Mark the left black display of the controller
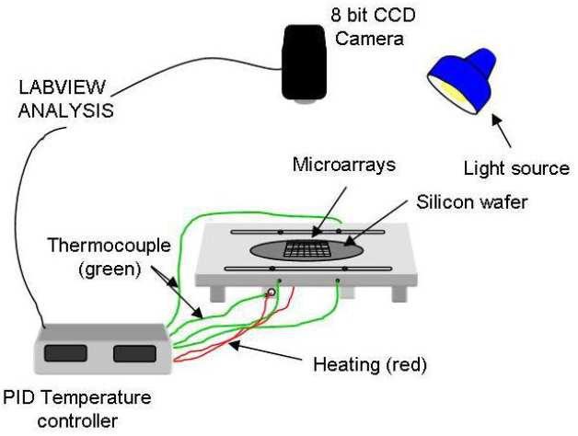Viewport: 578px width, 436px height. pos(64,352)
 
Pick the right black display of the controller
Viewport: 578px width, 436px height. pos(134,351)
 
